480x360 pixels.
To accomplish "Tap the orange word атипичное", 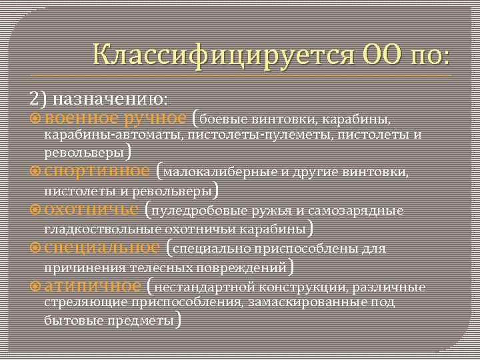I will click(x=93, y=287).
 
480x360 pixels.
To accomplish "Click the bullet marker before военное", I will click(x=36, y=119).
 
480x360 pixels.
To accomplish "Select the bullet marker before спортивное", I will click(x=36, y=171).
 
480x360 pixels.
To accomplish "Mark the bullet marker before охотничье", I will click(x=36, y=210).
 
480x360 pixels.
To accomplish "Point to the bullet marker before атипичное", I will click(x=36, y=287).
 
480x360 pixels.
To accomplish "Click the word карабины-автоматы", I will click(x=113, y=135).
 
